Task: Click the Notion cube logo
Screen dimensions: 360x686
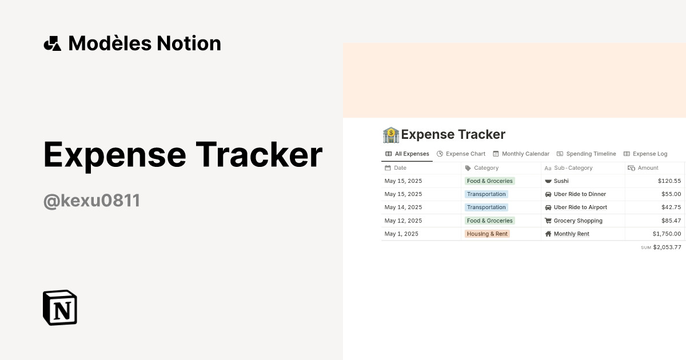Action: click(60, 307)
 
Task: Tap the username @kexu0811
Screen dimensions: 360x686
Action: click(91, 201)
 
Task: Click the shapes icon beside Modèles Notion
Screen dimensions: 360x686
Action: click(53, 43)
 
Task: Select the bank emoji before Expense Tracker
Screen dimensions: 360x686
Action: click(390, 135)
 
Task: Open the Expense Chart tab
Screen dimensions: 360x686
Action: click(461, 154)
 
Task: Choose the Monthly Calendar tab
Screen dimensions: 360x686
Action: click(521, 154)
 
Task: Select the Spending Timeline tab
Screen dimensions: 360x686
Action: click(587, 154)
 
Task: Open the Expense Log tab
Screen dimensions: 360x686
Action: click(645, 154)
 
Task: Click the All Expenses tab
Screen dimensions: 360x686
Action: click(407, 154)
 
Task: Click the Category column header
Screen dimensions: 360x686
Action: click(486, 168)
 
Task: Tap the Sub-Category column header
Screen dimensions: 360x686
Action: click(573, 168)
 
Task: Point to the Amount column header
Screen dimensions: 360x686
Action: click(648, 168)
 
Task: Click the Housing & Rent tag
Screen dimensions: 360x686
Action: click(487, 234)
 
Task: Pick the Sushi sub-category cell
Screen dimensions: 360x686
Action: click(561, 181)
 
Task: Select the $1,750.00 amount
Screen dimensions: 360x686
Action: click(667, 234)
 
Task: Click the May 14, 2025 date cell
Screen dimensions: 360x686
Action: click(404, 207)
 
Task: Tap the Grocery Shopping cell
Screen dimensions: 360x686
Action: click(577, 221)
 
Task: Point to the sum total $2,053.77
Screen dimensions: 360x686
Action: click(667, 247)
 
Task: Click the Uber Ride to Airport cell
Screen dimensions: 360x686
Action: click(580, 207)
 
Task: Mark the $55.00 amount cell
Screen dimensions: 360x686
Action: click(671, 194)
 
